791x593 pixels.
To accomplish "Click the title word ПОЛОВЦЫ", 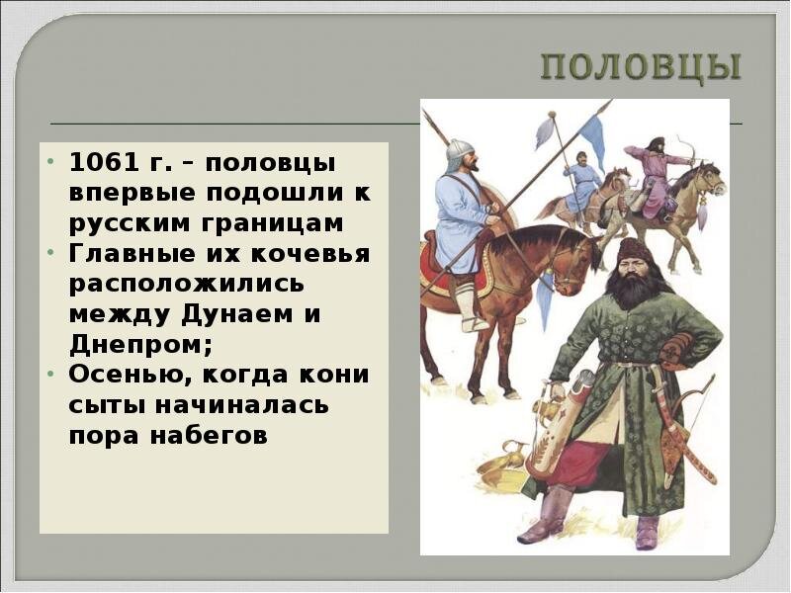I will [640, 69].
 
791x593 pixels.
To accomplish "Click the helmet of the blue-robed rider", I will [458, 151].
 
